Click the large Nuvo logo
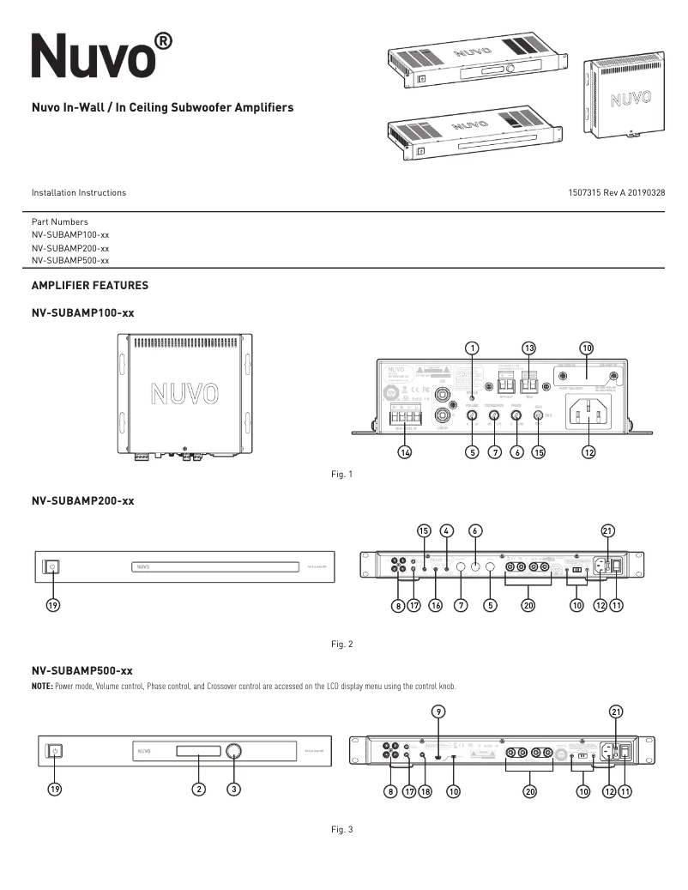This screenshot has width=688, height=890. coord(90,57)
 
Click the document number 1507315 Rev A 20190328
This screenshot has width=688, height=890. coord(616,193)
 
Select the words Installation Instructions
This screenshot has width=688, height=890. coord(79,193)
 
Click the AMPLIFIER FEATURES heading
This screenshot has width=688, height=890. coord(90,285)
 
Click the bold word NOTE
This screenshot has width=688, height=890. coord(42,685)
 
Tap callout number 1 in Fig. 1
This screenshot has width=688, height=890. coord(472,348)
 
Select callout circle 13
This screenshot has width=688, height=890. coord(529,348)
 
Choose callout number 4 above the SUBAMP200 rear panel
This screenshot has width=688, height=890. coord(447,530)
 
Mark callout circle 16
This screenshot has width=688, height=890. coord(436,605)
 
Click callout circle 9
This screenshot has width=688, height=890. coord(438,711)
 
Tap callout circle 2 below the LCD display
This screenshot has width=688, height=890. coord(198,790)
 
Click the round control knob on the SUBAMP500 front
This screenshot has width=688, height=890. coord(233,752)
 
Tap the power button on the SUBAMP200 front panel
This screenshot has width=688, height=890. coord(52,566)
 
